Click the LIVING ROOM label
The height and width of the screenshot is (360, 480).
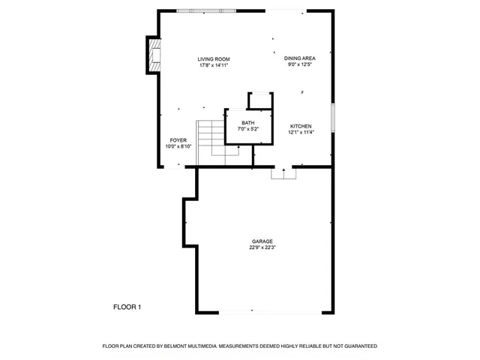click(x=213, y=59)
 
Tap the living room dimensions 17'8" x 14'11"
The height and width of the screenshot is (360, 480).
click(x=213, y=66)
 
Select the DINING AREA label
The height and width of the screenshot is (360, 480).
click(x=299, y=58)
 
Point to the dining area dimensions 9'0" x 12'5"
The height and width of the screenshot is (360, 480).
click(x=299, y=64)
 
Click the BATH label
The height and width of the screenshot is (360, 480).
click(x=247, y=123)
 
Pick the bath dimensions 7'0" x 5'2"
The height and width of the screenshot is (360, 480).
click(x=247, y=130)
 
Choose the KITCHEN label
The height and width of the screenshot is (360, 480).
click(x=300, y=126)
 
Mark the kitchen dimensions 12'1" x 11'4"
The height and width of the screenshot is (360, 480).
click(x=300, y=133)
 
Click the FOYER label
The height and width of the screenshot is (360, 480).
click(x=178, y=140)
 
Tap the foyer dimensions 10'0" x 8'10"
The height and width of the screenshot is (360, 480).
click(x=178, y=147)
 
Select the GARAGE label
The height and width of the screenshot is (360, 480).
click(x=262, y=241)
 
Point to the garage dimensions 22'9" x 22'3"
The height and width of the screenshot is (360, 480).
click(x=262, y=248)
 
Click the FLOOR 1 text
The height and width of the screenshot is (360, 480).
click(x=127, y=307)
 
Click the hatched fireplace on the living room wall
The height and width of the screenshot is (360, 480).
click(x=153, y=55)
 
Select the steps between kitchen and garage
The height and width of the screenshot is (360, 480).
click(x=283, y=173)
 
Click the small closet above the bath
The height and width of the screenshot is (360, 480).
click(x=259, y=100)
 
